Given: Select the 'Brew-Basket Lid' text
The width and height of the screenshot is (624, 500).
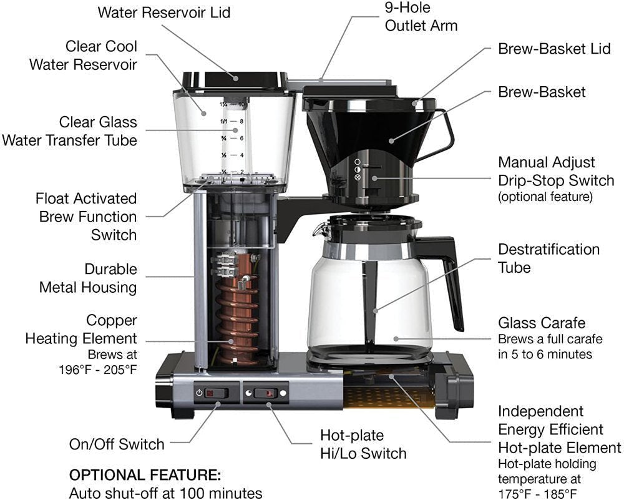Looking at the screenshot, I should tap(554, 49).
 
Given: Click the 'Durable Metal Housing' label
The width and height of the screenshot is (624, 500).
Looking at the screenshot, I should tap(88, 278).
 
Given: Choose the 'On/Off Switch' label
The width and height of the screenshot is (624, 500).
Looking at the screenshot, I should tap(117, 444).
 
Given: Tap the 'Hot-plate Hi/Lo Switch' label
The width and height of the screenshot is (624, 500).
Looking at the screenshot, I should tap(363, 444).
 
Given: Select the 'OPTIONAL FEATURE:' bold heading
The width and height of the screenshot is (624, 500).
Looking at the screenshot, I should tap(145, 474).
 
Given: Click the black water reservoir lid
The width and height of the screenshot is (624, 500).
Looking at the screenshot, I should tap(234, 80).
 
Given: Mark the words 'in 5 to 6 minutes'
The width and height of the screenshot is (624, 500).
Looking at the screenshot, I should tap(545, 355).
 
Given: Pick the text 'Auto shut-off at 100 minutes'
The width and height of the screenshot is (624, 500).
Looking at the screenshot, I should tap(165, 492).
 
